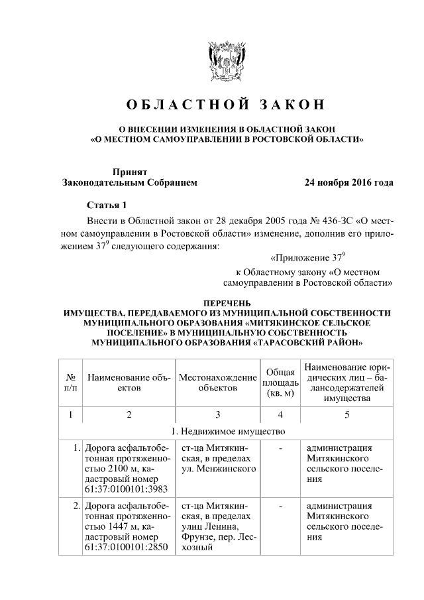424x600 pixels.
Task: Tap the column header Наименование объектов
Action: pyautogui.click(x=129, y=382)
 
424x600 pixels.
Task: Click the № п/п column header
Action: pyautogui.click(x=70, y=382)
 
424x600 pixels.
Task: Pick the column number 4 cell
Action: pyautogui.click(x=280, y=415)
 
